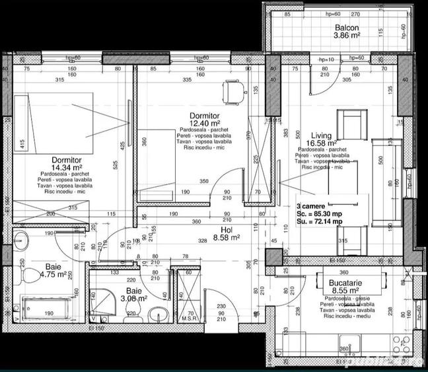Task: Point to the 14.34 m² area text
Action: click(66, 168)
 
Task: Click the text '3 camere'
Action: click(310, 206)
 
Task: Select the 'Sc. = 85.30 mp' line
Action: click(320, 214)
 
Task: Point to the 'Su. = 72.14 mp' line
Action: click(320, 222)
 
